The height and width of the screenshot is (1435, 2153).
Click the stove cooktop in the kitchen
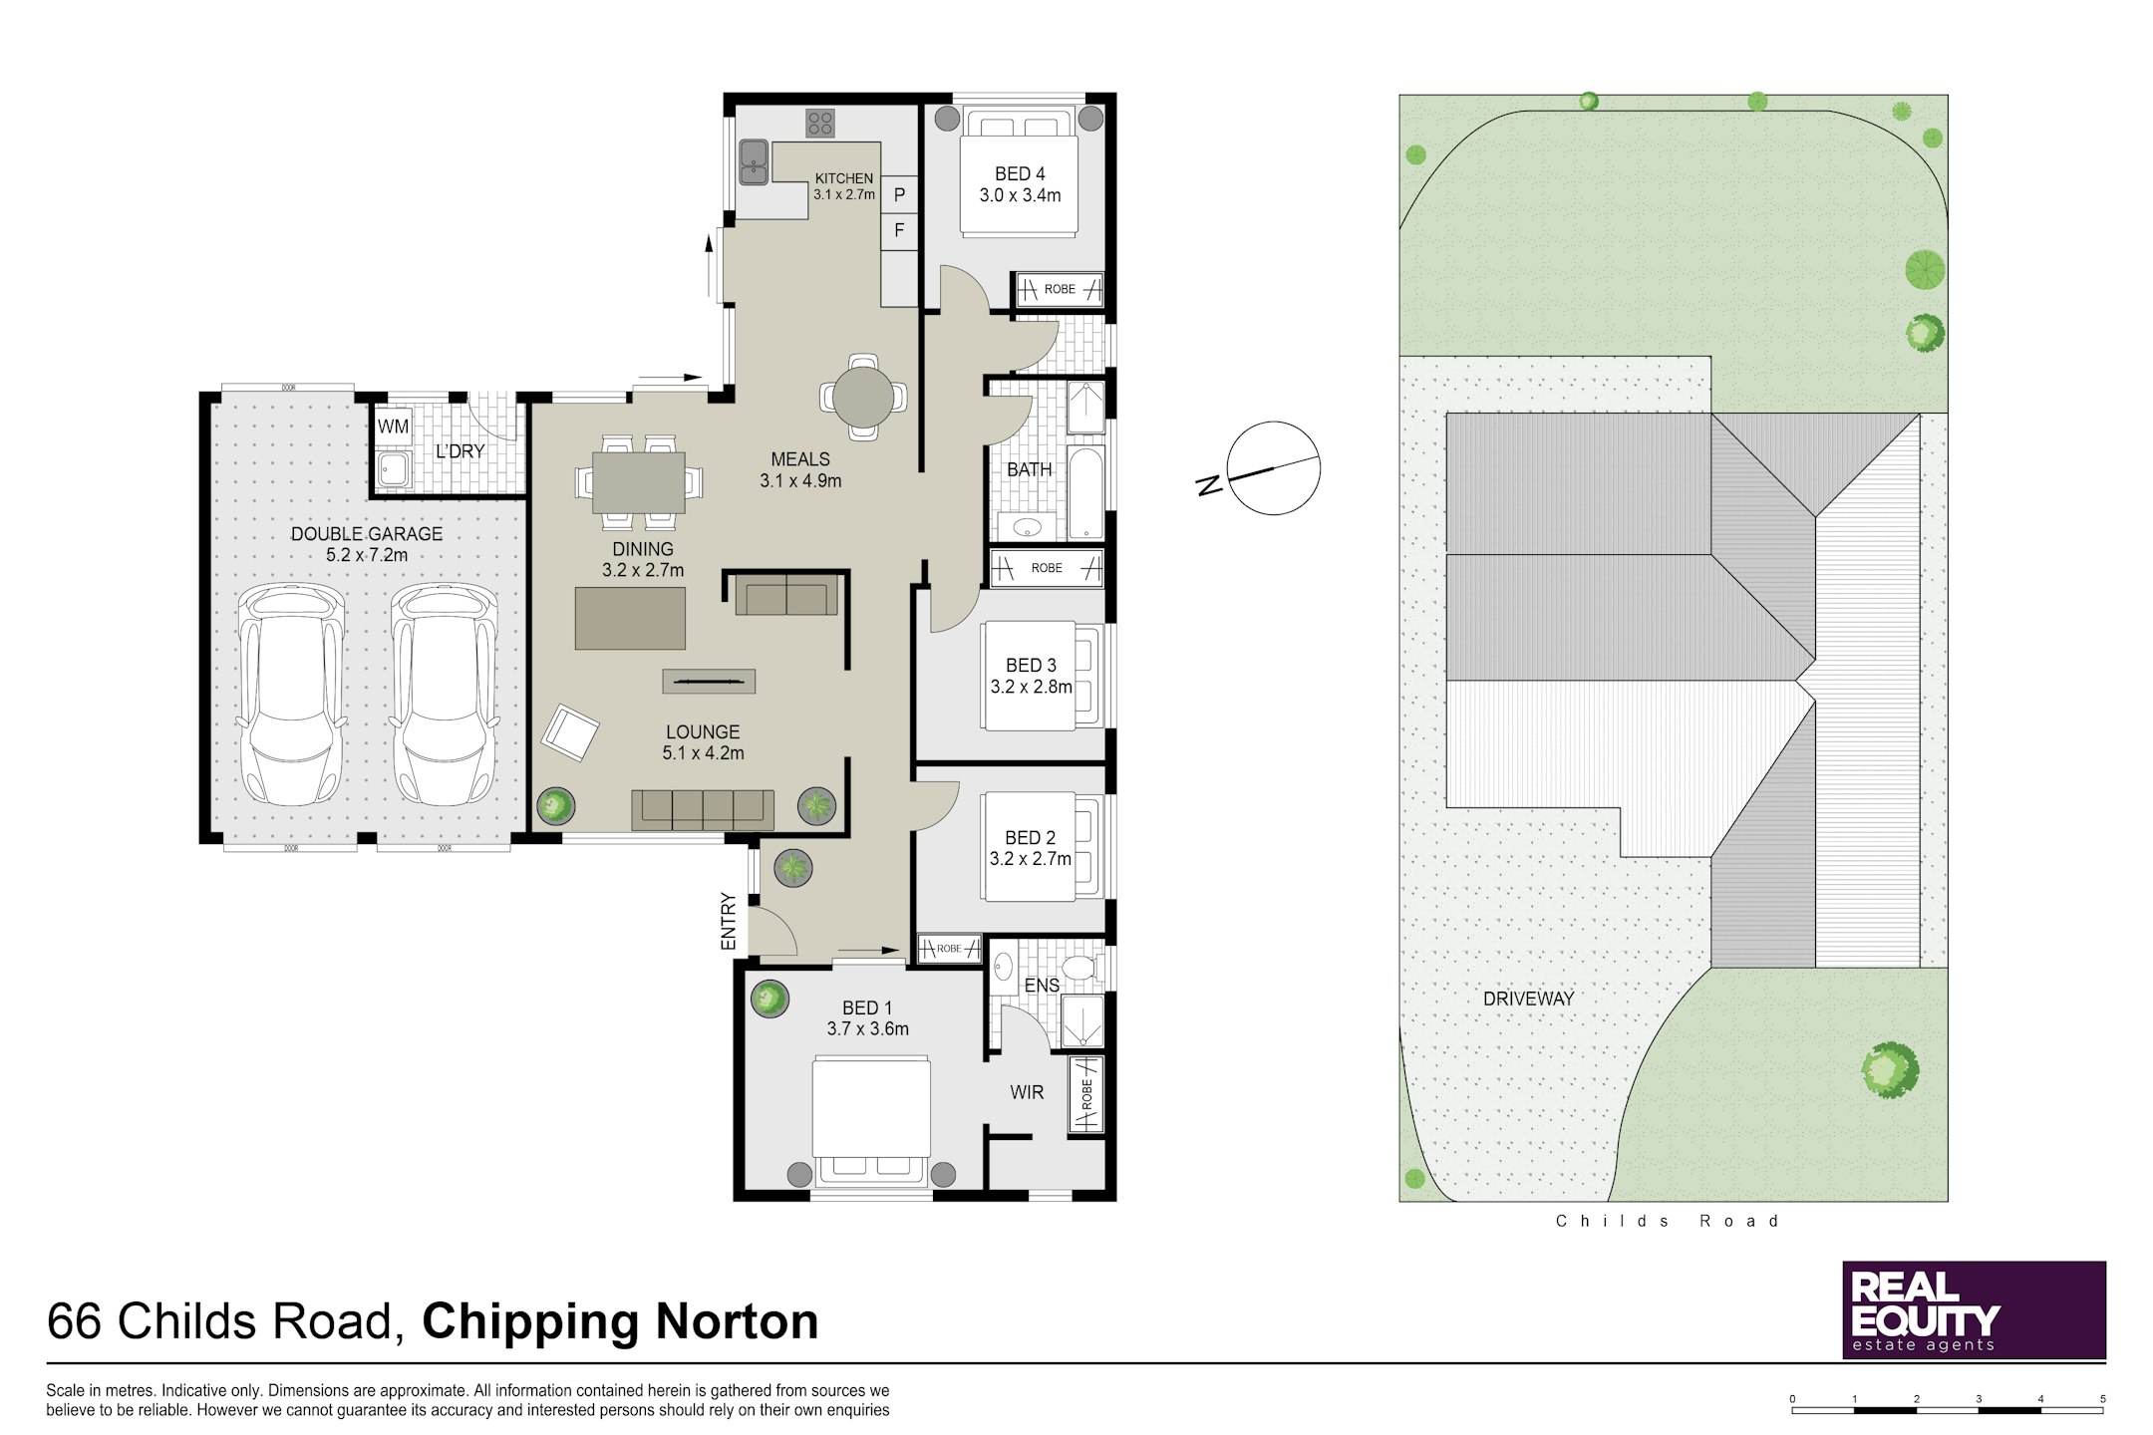click(820, 123)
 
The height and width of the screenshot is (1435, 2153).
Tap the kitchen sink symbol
click(753, 162)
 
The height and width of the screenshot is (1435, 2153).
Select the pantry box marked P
click(899, 195)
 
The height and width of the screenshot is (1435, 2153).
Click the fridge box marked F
click(899, 231)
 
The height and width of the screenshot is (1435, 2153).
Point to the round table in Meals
click(863, 397)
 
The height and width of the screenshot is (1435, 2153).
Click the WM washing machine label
click(393, 427)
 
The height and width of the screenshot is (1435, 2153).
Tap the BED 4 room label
click(1020, 173)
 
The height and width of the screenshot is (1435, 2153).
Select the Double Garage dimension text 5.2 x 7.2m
click(367, 555)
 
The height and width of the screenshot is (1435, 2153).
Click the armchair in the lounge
click(570, 732)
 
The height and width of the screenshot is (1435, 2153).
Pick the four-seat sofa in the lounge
click(703, 809)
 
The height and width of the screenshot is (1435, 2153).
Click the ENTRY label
click(729, 921)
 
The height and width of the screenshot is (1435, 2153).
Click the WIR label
click(1027, 1092)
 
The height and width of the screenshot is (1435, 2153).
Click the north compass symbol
click(1273, 468)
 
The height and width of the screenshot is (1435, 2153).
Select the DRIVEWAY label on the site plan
click(1528, 998)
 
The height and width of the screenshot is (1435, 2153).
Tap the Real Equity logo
click(1974, 1309)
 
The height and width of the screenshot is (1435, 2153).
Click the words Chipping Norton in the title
click(620, 1321)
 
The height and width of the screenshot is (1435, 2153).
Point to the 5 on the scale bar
click(2103, 1399)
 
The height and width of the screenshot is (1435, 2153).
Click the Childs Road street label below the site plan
click(1668, 1221)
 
